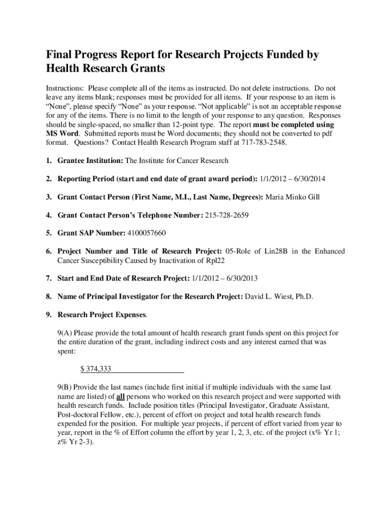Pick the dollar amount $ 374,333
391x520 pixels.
tap(96, 369)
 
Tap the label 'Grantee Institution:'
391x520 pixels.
tap(90, 161)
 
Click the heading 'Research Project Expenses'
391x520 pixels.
tap(102, 315)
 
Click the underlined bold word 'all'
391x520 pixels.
tap(120, 397)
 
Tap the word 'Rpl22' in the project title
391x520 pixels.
tap(215, 261)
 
